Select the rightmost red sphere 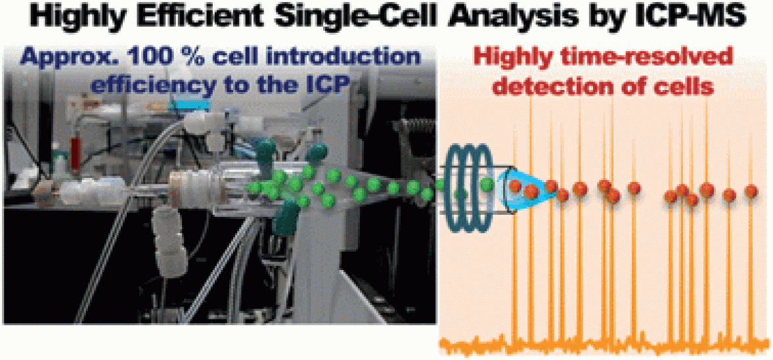[x=751, y=191]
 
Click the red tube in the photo [x=76, y=154]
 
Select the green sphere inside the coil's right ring [x=487, y=184]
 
